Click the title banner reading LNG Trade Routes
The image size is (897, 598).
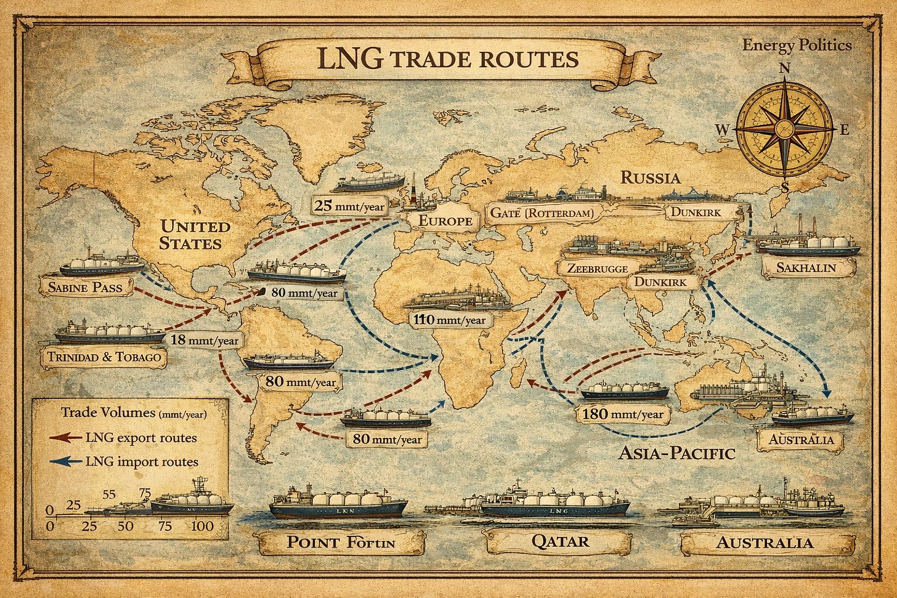(447, 60)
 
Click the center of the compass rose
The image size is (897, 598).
(784, 129)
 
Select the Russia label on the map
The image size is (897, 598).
(650, 178)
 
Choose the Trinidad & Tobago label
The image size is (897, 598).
(103, 357)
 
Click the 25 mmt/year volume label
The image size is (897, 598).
(349, 206)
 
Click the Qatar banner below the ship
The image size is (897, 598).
(559, 542)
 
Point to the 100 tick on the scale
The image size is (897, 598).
(202, 526)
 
